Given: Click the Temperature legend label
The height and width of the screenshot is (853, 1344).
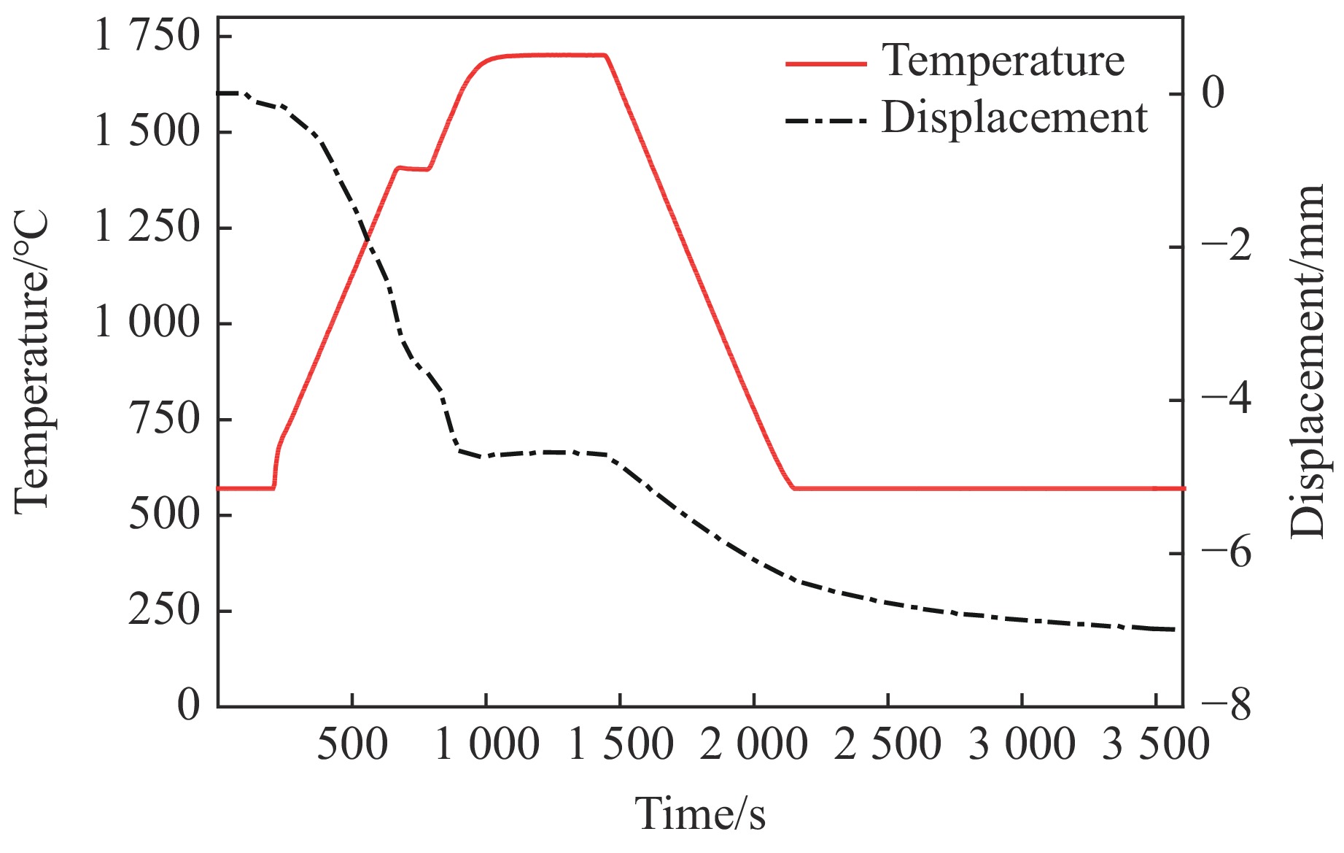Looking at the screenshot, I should point(1003,61).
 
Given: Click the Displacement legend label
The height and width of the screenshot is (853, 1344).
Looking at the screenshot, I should point(1014,117).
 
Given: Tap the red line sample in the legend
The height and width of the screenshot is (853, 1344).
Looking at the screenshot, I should point(826,64).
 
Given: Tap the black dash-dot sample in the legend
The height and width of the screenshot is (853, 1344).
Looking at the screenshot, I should point(826,120).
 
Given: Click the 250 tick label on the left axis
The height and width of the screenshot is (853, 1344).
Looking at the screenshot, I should point(164,610).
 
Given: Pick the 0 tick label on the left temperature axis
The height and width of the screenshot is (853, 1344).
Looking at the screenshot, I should point(188,704).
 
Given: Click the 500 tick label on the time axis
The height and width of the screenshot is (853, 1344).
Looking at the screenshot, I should point(352,746).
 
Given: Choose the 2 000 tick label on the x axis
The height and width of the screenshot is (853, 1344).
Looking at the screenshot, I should point(753,746).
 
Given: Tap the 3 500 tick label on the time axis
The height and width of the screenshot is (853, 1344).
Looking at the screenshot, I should point(1155,746).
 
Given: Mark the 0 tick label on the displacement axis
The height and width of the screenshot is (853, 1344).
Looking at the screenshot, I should point(1213,93).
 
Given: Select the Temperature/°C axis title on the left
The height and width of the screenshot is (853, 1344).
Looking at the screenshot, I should point(32,362).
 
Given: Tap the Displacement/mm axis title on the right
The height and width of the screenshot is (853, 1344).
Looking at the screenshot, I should point(1307,362).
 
